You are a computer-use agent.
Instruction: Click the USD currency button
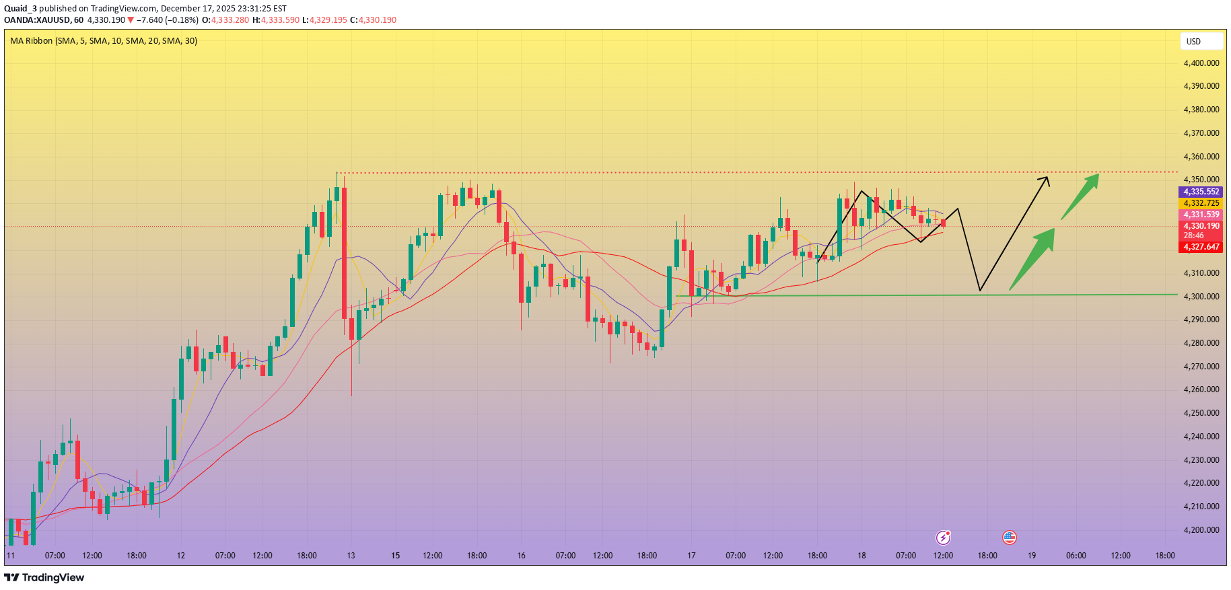pyautogui.click(x=1201, y=41)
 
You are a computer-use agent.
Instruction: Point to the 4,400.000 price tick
pyautogui.click(x=1201, y=63)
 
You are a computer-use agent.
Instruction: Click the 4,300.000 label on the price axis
pyautogui.click(x=1201, y=297)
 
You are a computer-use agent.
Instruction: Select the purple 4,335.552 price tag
pyautogui.click(x=1201, y=192)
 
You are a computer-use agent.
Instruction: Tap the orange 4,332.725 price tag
pyautogui.click(x=1201, y=203)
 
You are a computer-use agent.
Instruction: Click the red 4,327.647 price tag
pyautogui.click(x=1201, y=247)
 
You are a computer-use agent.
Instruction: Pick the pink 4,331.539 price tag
pyautogui.click(x=1201, y=215)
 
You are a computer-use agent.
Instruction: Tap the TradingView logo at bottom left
pyautogui.click(x=44, y=577)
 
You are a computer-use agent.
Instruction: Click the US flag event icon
pyautogui.click(x=1009, y=537)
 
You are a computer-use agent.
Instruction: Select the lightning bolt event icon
pyautogui.click(x=944, y=537)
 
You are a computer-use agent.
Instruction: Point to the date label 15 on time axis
pyautogui.click(x=395, y=556)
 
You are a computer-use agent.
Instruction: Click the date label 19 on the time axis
pyautogui.click(x=1032, y=556)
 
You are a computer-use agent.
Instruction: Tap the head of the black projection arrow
pyautogui.click(x=1045, y=179)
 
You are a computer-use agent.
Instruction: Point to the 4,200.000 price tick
pyautogui.click(x=1201, y=530)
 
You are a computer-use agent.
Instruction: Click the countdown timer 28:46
pyautogui.click(x=1194, y=235)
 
